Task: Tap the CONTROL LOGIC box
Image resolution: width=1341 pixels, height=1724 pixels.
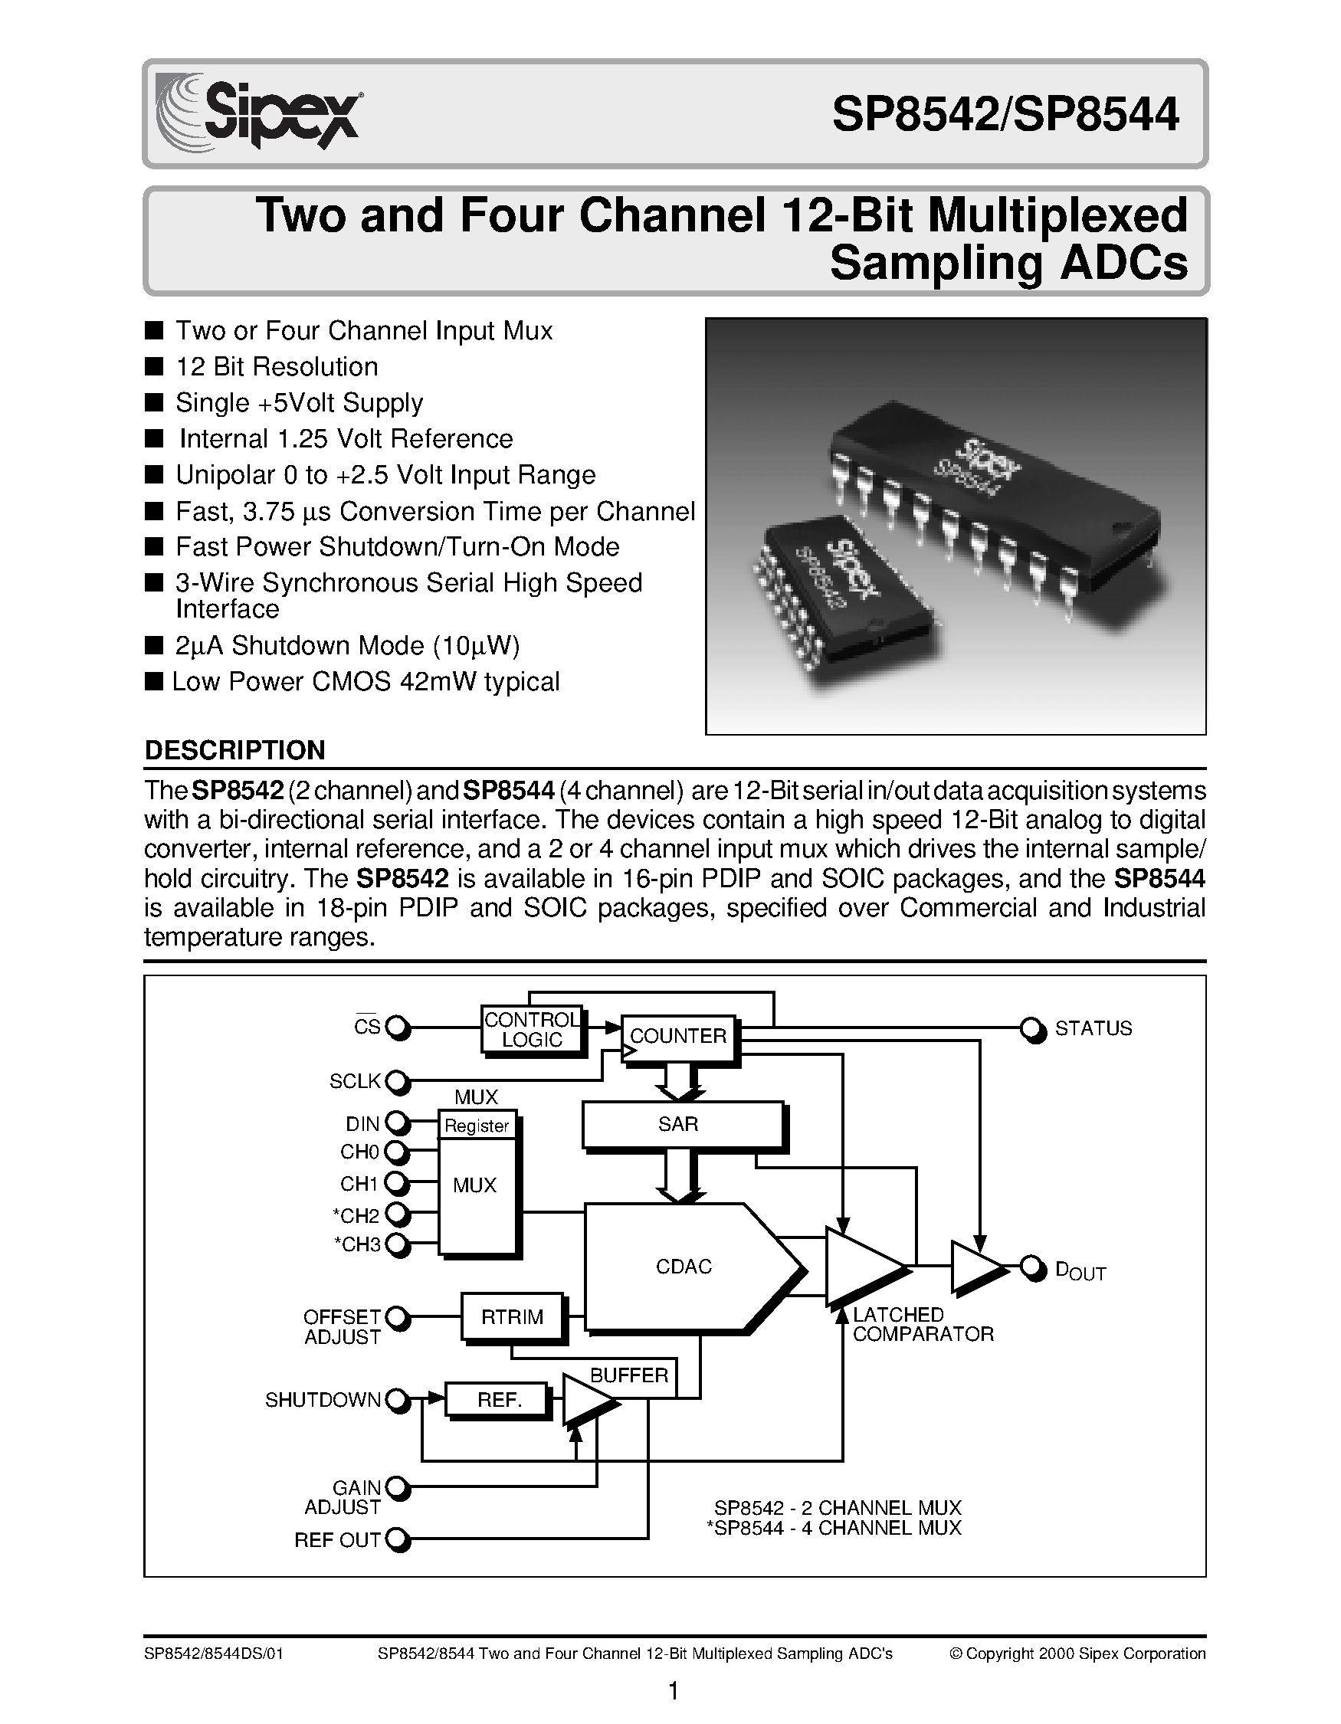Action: pos(531,1030)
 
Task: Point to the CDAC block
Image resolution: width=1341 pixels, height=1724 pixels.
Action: pos(684,1267)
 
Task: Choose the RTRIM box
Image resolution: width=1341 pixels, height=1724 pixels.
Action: pos(512,1316)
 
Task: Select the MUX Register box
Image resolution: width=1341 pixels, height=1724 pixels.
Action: pos(477,1126)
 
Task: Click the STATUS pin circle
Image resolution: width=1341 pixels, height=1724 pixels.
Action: pos(1030,1028)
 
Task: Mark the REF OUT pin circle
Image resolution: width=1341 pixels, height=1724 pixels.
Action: pos(398,1539)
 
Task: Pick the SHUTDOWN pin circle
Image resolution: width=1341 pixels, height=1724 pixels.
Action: pos(398,1401)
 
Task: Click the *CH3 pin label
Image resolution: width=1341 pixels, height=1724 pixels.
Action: pos(358,1245)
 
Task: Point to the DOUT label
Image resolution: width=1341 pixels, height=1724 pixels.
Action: pos(1080,1271)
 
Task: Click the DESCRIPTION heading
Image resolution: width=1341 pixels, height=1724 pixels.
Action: pos(234,750)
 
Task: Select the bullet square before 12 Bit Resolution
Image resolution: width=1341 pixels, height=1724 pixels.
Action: pos(154,366)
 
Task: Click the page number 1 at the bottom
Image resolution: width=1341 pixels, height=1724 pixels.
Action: pos(674,1691)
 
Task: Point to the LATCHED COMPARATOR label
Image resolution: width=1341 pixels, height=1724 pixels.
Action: pos(922,1325)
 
